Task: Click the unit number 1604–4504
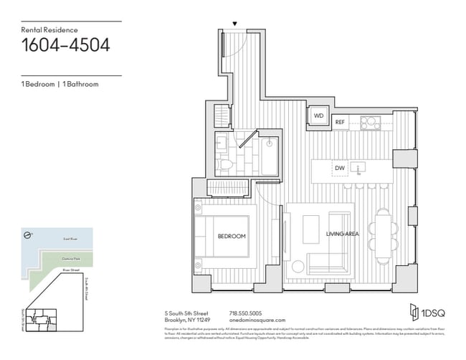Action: coord(65,46)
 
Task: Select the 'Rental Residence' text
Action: coord(47,29)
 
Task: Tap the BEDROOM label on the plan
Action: coord(232,236)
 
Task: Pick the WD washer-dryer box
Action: coord(319,115)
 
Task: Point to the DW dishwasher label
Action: coord(340,169)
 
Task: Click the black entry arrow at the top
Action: coord(235,24)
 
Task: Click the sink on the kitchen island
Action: coord(362,168)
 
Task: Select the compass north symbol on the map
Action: coord(26,235)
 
